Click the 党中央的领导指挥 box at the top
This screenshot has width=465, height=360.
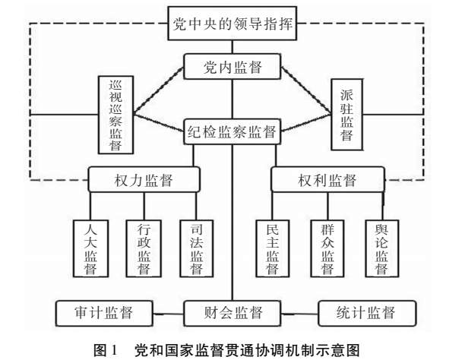pos(232,24)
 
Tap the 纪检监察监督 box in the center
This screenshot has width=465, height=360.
pos(232,130)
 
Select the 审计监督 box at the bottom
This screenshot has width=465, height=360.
pos(102,312)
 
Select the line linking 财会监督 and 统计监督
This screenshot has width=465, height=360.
pos(299,312)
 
